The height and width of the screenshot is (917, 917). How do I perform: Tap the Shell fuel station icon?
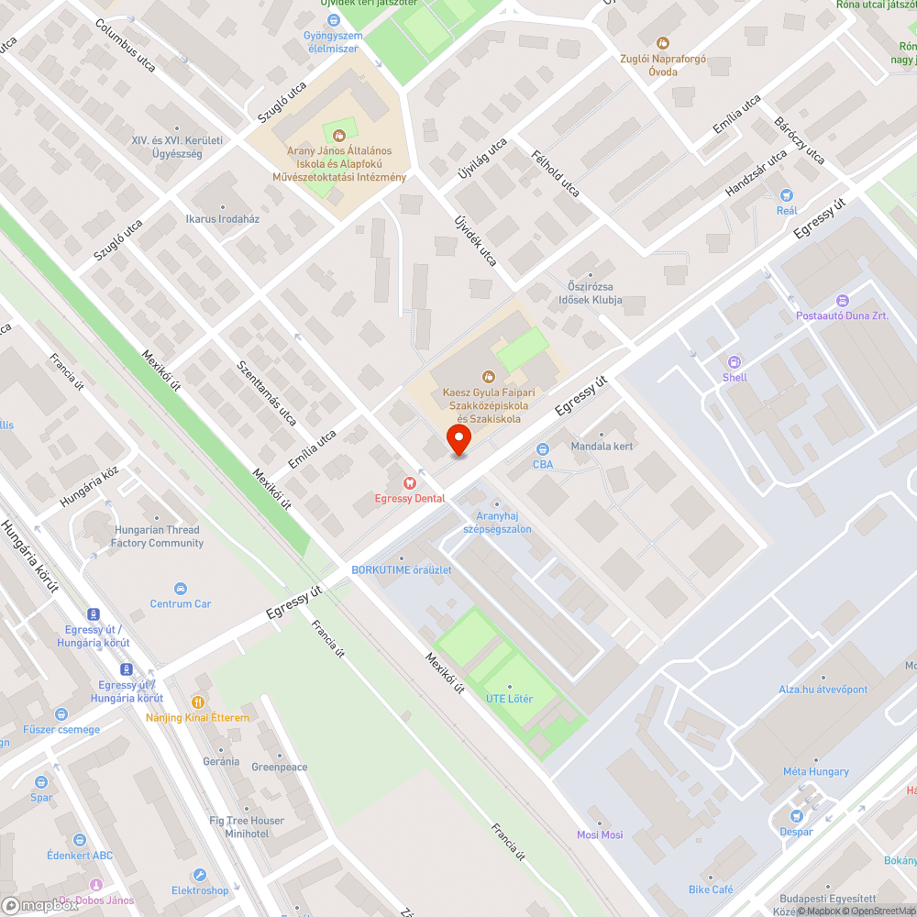[734, 361]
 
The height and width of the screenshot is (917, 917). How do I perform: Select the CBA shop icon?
[542, 449]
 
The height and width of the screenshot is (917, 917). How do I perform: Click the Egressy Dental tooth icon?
[409, 483]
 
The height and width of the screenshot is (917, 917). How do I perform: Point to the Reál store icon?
[786, 194]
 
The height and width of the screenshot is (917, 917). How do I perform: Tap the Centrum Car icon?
[181, 589]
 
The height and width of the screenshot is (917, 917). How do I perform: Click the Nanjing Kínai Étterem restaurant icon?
[195, 702]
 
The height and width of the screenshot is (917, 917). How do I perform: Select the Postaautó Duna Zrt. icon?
[843, 301]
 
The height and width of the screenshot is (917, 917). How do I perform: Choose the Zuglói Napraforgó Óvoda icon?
[663, 42]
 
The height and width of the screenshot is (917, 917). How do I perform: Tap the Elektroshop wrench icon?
[200, 876]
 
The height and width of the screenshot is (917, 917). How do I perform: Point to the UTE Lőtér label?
[509, 700]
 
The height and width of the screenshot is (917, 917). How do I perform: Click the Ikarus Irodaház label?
[222, 220]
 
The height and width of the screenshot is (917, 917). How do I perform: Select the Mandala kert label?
[602, 447]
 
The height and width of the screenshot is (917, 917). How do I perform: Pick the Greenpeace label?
[279, 767]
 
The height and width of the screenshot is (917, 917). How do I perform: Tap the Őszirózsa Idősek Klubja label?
[591, 293]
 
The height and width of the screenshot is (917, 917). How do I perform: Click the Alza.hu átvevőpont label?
[823, 690]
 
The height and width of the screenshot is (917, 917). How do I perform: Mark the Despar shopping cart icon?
[796, 817]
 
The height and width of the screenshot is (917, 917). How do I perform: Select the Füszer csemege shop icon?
[61, 714]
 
